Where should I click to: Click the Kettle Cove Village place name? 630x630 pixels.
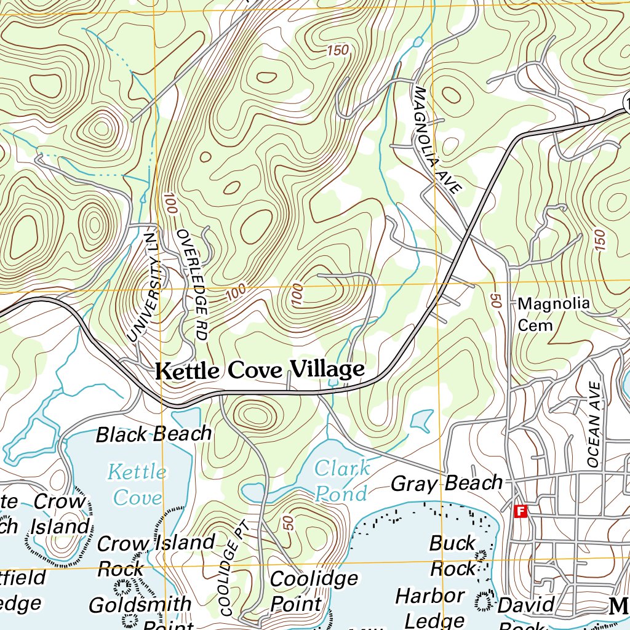point(260,370)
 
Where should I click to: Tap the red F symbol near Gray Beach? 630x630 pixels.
point(520,511)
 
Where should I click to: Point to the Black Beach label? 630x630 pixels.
point(154,434)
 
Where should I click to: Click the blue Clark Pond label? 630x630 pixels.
point(343,480)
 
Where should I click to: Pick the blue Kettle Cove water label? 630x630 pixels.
point(137,484)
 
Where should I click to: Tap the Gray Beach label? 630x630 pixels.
point(447,484)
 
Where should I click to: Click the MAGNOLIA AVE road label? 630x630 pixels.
point(437,140)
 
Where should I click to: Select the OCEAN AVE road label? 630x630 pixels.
point(594,424)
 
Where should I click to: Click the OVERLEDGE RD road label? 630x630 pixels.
point(191,284)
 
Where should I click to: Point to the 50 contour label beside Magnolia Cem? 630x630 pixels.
point(494,301)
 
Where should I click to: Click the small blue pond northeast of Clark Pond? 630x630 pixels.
point(421,420)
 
